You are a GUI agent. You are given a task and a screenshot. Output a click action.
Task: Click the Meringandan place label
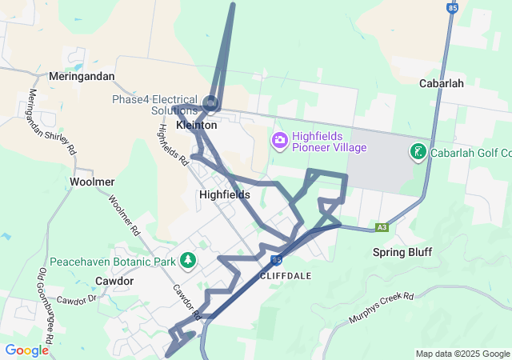pyautogui.click(x=82, y=76)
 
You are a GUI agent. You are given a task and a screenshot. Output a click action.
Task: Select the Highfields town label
pyautogui.click(x=225, y=194)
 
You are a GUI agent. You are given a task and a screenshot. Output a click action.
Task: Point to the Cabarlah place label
pyautogui.click(x=442, y=82)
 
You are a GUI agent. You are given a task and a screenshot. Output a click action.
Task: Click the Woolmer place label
pyautogui.click(x=92, y=182)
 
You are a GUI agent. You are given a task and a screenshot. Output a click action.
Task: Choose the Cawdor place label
pyautogui.click(x=114, y=281)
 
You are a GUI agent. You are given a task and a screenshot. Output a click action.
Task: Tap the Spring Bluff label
pyautogui.click(x=402, y=252)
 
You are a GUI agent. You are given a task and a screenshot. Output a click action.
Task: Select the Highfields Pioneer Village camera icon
pyautogui.click(x=279, y=141)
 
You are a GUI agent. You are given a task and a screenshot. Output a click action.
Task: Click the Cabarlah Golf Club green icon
pyautogui.click(x=418, y=151)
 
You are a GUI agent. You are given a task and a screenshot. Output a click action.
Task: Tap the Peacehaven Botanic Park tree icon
pyautogui.click(x=188, y=260)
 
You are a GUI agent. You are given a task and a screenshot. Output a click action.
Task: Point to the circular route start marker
pyautogui.click(x=210, y=102)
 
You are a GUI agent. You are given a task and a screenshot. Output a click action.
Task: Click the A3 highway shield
pyautogui.click(x=383, y=227)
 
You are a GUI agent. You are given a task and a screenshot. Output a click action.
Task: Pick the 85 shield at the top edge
pyautogui.click(x=453, y=7)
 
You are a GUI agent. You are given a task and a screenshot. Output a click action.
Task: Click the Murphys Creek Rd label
pyautogui.click(x=380, y=310)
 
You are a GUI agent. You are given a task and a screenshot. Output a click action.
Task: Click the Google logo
pyautogui.click(x=27, y=350)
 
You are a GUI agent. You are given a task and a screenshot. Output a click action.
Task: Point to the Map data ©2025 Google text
pyautogui.click(x=462, y=354)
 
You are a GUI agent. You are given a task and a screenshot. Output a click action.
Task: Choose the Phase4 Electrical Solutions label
pyautogui.click(x=154, y=104)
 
